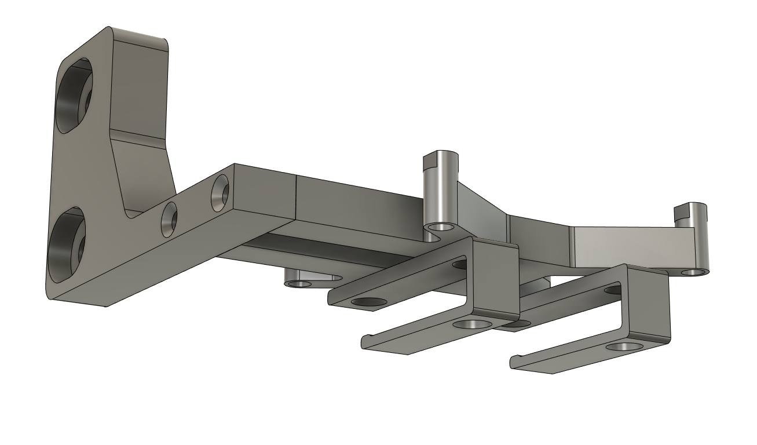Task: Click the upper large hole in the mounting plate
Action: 74,96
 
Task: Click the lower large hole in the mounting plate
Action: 66,243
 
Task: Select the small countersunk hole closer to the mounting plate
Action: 169,220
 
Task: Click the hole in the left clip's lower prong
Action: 473,325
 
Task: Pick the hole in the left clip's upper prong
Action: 370,302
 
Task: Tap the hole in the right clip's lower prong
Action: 623,347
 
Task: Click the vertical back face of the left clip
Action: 496,278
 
